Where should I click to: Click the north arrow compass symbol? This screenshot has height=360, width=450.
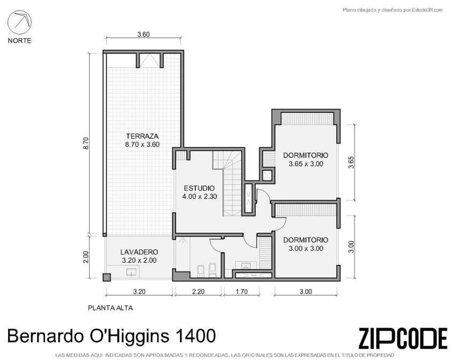[x=19, y=22]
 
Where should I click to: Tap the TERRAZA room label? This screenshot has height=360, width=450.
[x=142, y=136]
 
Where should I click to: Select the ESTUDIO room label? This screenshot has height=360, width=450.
[x=199, y=188]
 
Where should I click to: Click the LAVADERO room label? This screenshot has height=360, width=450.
[x=139, y=252]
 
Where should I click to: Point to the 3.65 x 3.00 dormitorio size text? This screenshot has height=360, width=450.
[x=306, y=164]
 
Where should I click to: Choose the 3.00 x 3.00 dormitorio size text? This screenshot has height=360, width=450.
[x=306, y=249]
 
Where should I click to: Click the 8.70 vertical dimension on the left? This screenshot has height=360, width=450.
[x=86, y=143]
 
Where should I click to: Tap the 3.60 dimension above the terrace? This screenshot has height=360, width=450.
[x=143, y=34]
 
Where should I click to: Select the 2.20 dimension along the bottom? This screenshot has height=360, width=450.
[x=198, y=292]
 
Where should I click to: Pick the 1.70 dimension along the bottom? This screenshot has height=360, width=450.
[x=242, y=292]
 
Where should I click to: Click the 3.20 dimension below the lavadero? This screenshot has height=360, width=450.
[x=139, y=292]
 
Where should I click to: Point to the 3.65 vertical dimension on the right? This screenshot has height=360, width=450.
[x=351, y=162]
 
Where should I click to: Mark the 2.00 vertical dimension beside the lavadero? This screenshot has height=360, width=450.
[x=86, y=257]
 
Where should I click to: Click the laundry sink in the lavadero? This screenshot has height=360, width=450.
[x=131, y=272]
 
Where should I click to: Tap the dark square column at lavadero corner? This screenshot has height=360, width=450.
[x=106, y=277]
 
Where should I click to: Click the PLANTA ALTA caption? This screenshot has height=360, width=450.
[x=111, y=308]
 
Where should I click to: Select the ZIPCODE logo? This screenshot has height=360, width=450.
[x=403, y=338]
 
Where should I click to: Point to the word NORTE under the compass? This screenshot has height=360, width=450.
[x=19, y=40]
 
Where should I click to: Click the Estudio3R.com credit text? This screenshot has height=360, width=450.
[x=427, y=10]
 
